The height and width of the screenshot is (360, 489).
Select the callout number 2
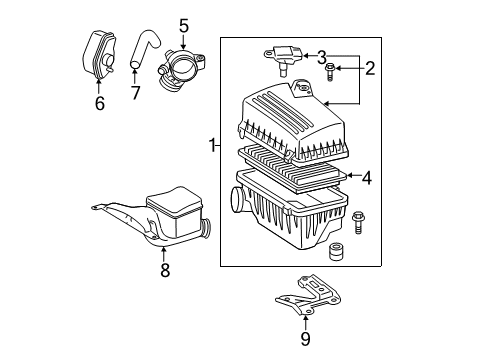click(x=369, y=68)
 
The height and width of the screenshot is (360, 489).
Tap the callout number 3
click(x=321, y=56)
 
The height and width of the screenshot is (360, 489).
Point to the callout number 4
click(x=367, y=179)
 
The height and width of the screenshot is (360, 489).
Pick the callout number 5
click(x=183, y=23)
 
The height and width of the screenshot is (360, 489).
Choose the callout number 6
click(x=98, y=103)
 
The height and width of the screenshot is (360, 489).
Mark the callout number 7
click(x=136, y=95)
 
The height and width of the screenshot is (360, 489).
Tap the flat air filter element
click(x=293, y=167)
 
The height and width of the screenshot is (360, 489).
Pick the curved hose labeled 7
click(x=143, y=50)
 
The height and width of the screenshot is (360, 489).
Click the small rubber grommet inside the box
click(x=335, y=251)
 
